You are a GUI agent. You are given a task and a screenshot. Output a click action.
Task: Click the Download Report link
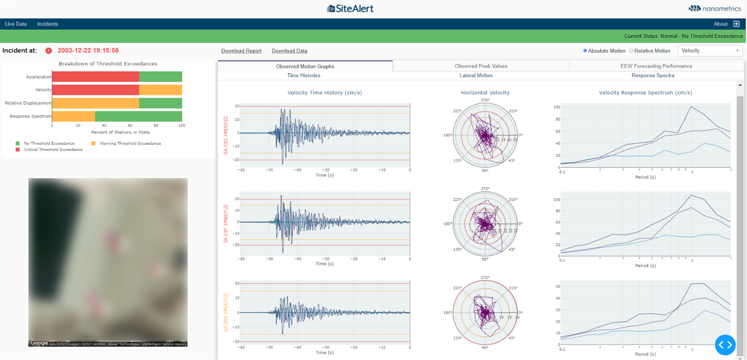coord(241,51)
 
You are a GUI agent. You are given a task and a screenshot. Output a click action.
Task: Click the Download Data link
coord(289,51)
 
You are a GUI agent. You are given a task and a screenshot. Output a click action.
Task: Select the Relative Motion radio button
coord(632,51)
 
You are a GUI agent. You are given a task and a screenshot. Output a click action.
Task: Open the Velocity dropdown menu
coord(710,51)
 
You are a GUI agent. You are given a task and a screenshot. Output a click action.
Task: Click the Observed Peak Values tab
coord(481,66)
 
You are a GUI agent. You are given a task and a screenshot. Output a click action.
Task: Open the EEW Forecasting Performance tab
coord(656,66)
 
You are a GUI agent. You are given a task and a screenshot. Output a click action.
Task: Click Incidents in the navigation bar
coord(48,24)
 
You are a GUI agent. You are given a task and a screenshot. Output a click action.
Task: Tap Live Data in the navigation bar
coord(16,24)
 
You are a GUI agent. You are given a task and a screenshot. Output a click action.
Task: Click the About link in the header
coord(720,24)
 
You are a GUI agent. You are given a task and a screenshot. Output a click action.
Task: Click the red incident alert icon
coord(49,51)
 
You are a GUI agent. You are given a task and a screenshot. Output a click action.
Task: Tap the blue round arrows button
coord(725,345)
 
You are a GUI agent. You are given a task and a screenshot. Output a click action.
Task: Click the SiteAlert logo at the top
coord(350,9)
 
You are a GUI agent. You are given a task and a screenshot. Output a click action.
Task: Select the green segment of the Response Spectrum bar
coord(138,116)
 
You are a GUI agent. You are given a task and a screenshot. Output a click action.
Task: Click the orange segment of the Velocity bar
coord(160,90)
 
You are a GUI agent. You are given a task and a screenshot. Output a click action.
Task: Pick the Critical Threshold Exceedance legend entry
coord(53,150)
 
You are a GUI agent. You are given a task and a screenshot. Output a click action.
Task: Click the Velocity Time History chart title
coord(324,93)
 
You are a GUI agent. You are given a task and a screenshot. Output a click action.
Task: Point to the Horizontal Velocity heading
coord(485,93)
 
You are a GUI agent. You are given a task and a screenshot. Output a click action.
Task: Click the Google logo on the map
coord(39,343)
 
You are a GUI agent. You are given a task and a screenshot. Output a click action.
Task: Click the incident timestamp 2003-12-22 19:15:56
coord(88,51)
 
